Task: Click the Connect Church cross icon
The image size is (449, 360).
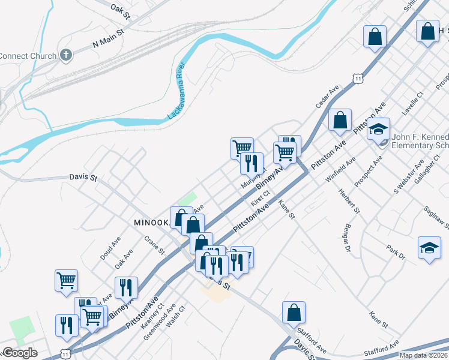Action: point(67,56)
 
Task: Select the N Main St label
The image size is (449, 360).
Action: point(107,40)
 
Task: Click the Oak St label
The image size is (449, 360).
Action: point(120,9)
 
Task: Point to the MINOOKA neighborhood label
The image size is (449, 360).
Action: point(151,222)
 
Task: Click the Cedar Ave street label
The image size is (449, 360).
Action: point(328,96)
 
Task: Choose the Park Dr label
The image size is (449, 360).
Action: point(396,252)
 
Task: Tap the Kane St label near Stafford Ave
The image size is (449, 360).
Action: point(379,320)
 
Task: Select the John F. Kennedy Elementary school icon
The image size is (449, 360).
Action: point(379,130)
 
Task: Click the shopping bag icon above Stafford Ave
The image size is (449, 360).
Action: point(294,313)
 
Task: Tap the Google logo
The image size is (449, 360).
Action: point(20,353)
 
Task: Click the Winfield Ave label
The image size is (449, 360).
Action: point(340,169)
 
